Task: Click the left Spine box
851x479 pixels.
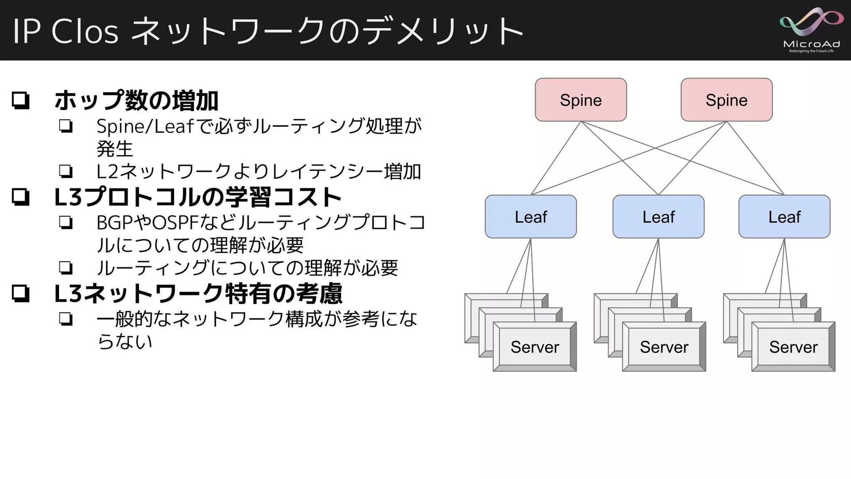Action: click(x=581, y=100)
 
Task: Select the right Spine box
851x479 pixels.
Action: click(x=726, y=100)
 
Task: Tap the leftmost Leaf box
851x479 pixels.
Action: click(x=531, y=216)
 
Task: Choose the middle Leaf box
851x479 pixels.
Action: click(x=658, y=216)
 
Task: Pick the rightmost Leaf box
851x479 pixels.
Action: click(x=784, y=216)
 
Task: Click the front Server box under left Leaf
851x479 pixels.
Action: click(x=535, y=347)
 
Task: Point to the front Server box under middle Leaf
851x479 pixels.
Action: click(x=664, y=347)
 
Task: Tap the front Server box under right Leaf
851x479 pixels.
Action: click(x=793, y=347)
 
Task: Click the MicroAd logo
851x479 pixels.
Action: click(x=811, y=30)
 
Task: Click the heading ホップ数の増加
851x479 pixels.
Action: click(x=136, y=101)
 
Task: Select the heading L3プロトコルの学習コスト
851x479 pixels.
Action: click(x=198, y=197)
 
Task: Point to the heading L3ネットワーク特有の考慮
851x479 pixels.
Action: click(x=198, y=294)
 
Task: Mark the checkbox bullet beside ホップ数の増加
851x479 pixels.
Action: click(x=21, y=101)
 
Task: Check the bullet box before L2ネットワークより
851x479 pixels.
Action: click(x=66, y=171)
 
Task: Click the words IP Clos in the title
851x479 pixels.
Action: click(x=66, y=31)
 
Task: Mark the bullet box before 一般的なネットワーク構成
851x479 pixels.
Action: click(x=66, y=319)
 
